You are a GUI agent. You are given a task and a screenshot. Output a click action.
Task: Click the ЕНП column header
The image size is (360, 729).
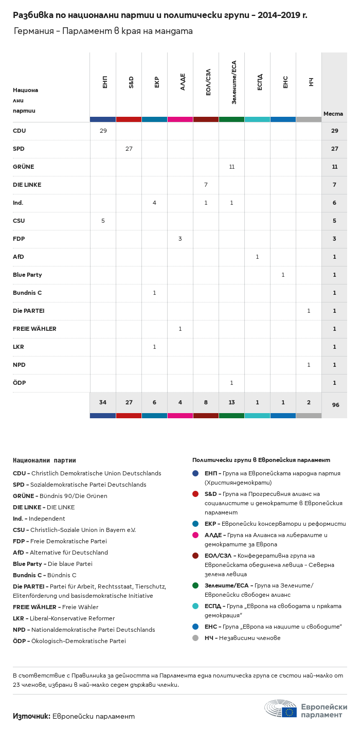(x=105, y=82)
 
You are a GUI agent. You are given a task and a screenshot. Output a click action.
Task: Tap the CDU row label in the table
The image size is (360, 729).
(x=20, y=131)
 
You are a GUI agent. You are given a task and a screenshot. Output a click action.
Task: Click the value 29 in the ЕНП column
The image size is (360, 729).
(x=103, y=131)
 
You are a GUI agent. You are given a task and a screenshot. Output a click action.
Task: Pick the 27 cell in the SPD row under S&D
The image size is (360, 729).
(x=129, y=149)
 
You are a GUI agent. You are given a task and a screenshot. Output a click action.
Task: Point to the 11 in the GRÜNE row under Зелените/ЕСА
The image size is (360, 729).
(x=231, y=167)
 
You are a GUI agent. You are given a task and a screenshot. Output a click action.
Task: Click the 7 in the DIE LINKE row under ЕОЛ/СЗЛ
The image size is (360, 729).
(x=206, y=185)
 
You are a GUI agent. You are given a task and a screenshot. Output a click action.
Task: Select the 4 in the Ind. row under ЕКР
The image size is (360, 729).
(x=154, y=203)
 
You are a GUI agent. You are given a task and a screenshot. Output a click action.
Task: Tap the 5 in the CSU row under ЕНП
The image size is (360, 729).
(x=103, y=221)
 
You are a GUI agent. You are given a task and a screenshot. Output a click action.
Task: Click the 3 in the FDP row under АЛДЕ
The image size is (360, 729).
(x=180, y=239)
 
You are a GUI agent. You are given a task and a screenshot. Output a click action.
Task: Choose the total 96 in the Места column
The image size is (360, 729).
(x=335, y=405)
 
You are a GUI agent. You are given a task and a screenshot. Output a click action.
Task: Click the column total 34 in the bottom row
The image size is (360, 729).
(x=103, y=402)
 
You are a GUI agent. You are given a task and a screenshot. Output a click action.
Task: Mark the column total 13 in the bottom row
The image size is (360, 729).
(x=231, y=402)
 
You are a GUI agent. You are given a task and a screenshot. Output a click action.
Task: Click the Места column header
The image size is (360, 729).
(x=333, y=114)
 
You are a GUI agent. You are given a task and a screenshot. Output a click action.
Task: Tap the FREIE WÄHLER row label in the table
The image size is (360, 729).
(x=34, y=329)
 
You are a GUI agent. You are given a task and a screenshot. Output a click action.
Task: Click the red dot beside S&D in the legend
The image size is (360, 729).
(x=195, y=494)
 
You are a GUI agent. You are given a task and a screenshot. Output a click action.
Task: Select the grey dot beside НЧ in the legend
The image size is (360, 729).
(x=195, y=638)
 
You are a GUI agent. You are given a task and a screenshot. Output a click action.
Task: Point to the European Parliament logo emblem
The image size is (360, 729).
(x=280, y=708)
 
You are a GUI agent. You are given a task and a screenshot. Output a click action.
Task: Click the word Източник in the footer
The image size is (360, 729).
(x=31, y=716)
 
